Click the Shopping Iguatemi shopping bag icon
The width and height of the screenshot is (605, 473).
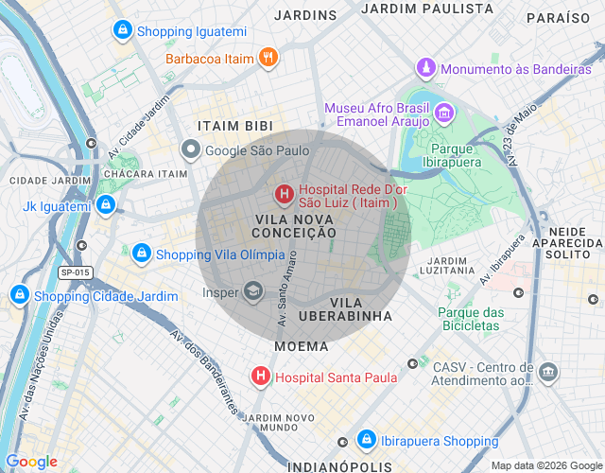(x=121, y=31)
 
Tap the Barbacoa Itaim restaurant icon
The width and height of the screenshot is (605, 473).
(x=268, y=59)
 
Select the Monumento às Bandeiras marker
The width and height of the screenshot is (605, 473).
(x=427, y=69)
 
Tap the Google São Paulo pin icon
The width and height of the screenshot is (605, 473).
(x=191, y=149)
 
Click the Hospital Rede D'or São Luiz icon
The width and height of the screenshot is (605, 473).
(x=283, y=195)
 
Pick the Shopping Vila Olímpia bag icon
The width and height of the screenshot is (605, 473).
(x=141, y=254)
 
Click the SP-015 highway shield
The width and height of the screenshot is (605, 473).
(x=76, y=272)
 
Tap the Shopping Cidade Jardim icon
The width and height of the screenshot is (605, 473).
(x=19, y=296)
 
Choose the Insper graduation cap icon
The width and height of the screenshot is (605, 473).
(x=252, y=291)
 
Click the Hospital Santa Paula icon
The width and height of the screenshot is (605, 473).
(x=260, y=377)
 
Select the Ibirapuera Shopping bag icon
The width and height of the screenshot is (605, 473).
(x=366, y=440)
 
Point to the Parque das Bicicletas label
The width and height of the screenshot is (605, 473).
(x=471, y=319)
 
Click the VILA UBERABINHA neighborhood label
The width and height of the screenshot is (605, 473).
(x=344, y=308)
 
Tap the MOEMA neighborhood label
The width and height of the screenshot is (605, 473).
(x=302, y=346)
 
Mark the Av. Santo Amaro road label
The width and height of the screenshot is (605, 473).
(x=287, y=289)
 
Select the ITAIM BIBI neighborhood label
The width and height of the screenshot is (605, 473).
(x=235, y=126)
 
